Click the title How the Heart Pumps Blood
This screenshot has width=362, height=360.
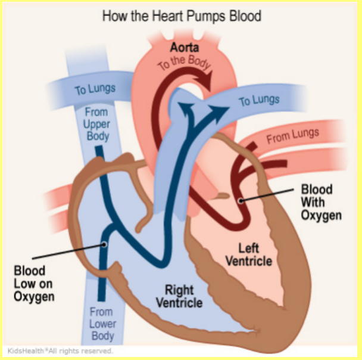[182, 16]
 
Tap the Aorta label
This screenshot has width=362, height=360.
[184, 48]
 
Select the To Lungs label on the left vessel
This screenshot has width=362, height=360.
[95, 89]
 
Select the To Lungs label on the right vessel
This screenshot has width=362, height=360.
[259, 100]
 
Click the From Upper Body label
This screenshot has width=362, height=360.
[96, 124]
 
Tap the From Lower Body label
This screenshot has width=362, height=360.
[102, 324]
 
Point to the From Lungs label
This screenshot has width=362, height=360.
[293, 136]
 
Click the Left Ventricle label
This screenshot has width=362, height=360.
[249, 255]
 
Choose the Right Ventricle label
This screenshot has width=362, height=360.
[179, 296]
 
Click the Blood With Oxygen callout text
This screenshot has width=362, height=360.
[321, 203]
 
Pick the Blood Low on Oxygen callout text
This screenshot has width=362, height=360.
[34, 284]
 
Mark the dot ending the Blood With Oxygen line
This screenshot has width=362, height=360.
[241, 201]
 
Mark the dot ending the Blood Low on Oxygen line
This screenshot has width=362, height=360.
[104, 244]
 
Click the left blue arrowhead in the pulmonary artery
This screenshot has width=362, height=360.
[186, 108]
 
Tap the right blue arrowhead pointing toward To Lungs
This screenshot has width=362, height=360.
[219, 111]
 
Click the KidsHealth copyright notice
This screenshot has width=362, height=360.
[60, 351]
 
